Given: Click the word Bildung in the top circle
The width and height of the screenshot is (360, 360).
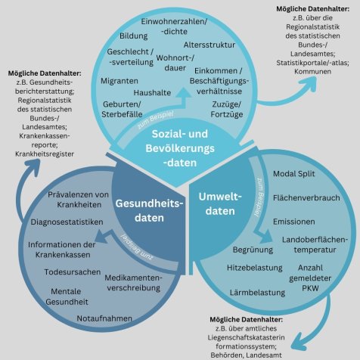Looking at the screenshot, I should point(134,36).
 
